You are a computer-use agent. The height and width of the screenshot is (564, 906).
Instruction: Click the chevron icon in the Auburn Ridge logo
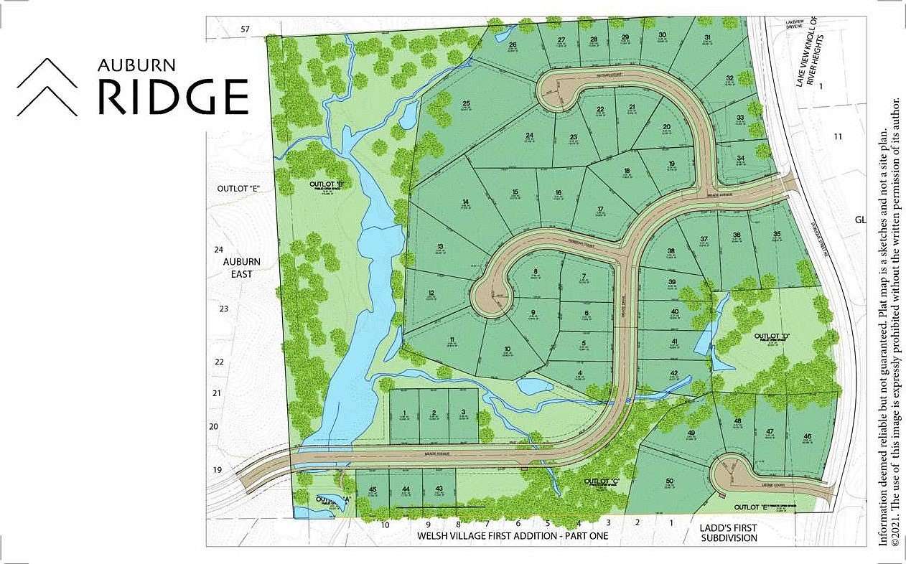tap(47, 87)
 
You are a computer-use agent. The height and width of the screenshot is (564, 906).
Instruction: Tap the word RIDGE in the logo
tap(173, 98)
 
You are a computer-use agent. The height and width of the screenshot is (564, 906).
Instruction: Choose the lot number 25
tap(466, 103)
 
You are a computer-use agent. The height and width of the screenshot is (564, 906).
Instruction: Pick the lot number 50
tap(668, 481)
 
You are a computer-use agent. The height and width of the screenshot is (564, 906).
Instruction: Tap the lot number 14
tap(466, 202)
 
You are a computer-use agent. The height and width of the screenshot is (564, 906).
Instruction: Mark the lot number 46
tap(808, 436)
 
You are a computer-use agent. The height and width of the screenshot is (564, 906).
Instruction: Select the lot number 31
tap(708, 37)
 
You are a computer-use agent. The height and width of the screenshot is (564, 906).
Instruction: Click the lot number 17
tap(600, 209)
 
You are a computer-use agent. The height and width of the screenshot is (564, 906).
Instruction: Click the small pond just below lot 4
tap(535, 387)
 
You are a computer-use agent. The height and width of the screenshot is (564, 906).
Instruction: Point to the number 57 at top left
tap(245, 29)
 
